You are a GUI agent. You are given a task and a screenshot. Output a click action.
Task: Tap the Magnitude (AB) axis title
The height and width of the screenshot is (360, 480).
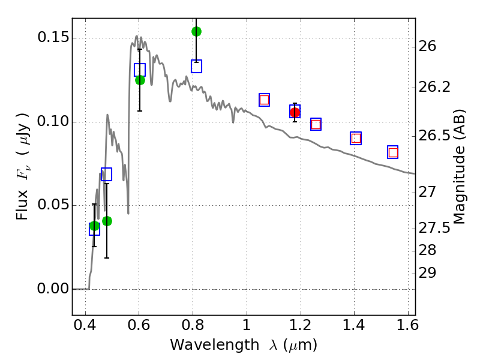460,167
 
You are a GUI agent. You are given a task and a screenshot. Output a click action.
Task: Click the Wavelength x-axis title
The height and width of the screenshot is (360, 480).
243,346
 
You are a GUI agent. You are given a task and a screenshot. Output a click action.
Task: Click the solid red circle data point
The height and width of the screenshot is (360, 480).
295,113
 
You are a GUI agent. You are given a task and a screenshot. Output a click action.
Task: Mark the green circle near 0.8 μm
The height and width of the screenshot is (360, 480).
196,31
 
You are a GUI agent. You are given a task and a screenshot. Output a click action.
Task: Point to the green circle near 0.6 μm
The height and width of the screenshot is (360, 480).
140,80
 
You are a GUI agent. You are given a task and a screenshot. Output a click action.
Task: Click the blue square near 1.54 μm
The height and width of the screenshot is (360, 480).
393,152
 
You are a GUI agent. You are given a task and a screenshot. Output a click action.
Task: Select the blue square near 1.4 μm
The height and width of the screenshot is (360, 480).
356,139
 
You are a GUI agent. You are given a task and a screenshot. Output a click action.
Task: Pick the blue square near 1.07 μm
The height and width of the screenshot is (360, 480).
264,100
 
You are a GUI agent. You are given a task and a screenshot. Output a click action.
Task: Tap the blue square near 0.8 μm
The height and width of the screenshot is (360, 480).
196,67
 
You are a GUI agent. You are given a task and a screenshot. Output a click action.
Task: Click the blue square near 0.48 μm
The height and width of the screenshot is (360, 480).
106,175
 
